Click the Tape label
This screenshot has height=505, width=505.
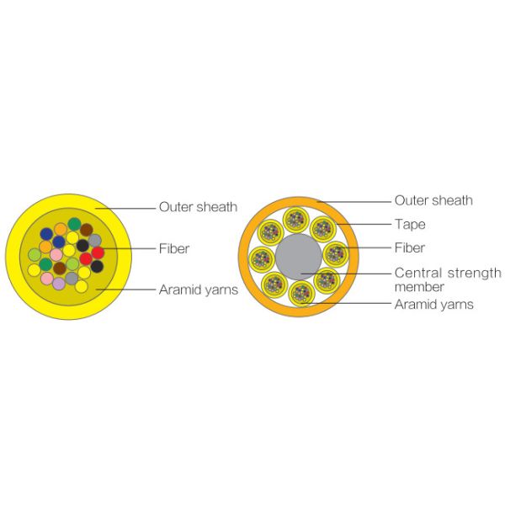[x=410, y=225]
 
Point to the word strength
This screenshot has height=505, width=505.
[x=470, y=273]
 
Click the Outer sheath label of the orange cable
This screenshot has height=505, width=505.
[x=433, y=200]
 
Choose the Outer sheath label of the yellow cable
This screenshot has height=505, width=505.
[x=198, y=206]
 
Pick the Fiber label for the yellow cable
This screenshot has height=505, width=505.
[x=174, y=248]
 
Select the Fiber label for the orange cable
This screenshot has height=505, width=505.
[x=410, y=248]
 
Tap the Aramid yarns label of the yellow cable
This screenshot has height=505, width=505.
[x=198, y=290]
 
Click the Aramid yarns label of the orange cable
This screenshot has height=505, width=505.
[x=433, y=305]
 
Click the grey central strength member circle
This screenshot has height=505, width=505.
[x=299, y=257]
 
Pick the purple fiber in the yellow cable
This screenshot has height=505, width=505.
[x=59, y=284]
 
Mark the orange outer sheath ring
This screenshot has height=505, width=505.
[x=244, y=257]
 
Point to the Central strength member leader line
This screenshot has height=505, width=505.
[x=353, y=273]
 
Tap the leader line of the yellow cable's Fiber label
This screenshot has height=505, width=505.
[x=126, y=248]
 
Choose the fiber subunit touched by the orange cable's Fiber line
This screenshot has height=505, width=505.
[x=335, y=251]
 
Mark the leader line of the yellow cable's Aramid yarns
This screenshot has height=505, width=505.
[x=126, y=290]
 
